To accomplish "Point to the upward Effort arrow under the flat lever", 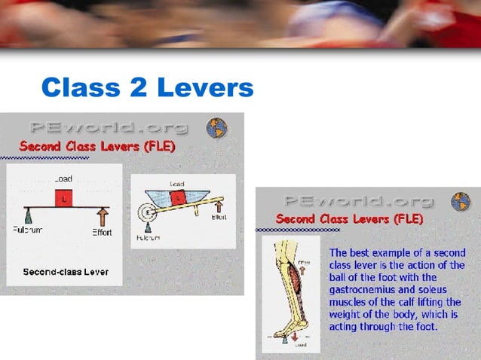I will [102, 218].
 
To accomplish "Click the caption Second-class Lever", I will [66, 271].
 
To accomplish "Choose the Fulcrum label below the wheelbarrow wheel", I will [148, 237].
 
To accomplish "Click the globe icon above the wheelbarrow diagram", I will [218, 127].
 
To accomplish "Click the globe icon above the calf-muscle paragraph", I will [460, 201].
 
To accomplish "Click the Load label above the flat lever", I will [63, 179].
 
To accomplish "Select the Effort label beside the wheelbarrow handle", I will [219, 217].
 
